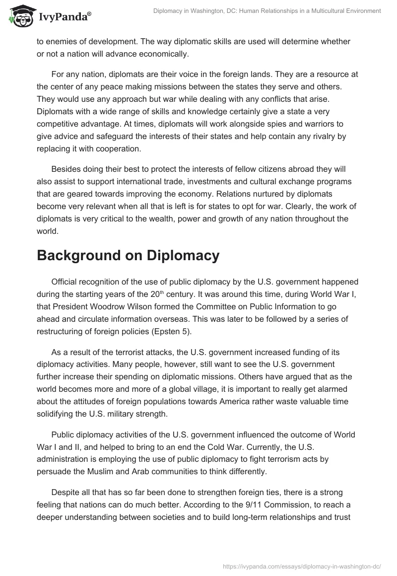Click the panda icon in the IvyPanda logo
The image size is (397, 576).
click(18, 16)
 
